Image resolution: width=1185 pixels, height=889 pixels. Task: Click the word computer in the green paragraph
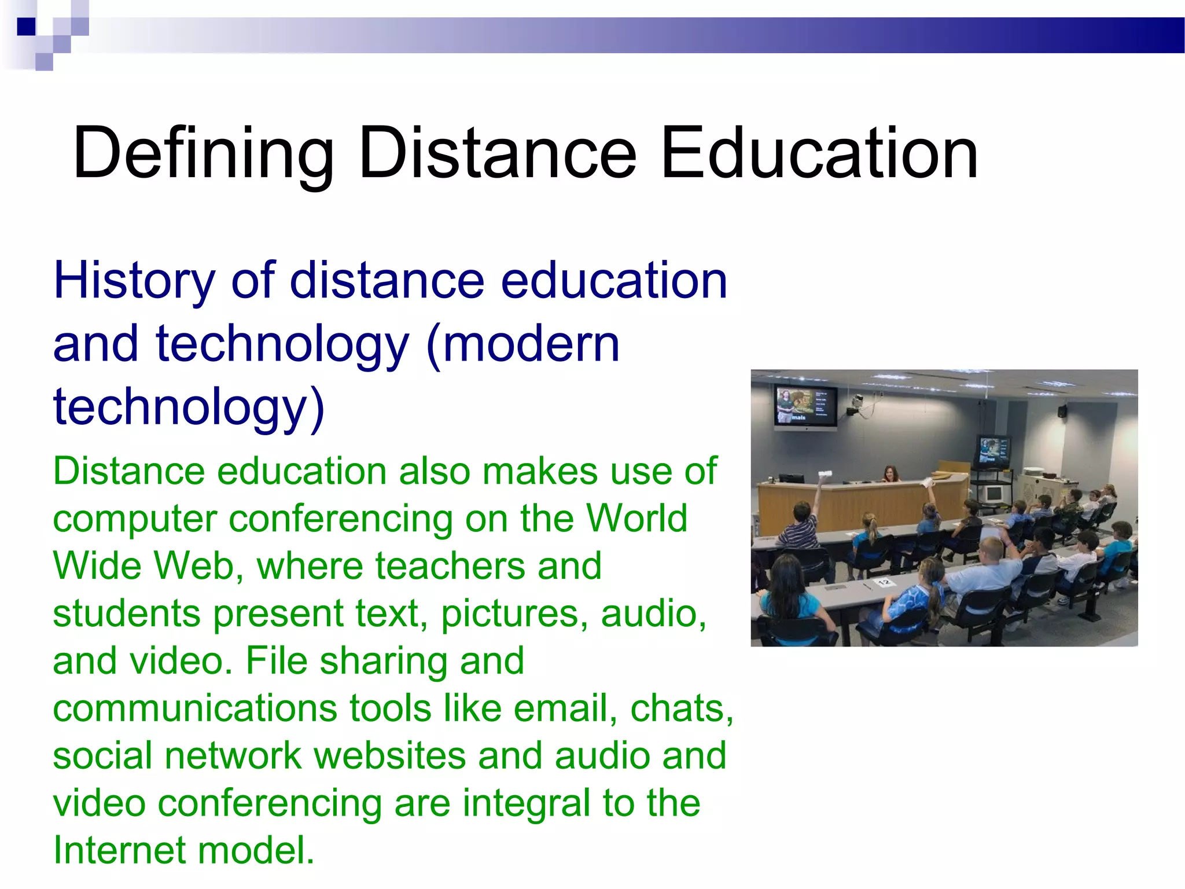[x=135, y=520]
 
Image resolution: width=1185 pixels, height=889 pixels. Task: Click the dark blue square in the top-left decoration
[x=26, y=27]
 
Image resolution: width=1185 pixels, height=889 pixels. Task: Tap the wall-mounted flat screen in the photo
[x=805, y=406]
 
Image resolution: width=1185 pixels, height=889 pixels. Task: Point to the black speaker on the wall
[x=1062, y=412]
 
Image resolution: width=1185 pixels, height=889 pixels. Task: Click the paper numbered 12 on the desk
[x=884, y=582]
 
